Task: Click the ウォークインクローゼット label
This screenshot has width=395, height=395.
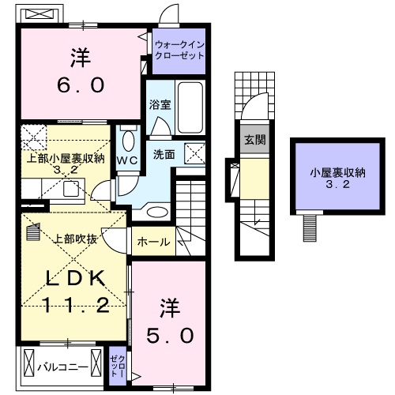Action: tap(180, 51)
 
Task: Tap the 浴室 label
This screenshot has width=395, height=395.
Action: tap(158, 104)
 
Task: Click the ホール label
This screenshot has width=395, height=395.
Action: tap(153, 242)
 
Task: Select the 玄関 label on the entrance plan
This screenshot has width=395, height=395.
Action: tap(254, 141)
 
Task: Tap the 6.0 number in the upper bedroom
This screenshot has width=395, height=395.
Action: tap(80, 84)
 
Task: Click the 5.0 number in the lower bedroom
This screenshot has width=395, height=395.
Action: tap(170, 335)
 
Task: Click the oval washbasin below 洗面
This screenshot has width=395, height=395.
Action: tap(157, 212)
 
